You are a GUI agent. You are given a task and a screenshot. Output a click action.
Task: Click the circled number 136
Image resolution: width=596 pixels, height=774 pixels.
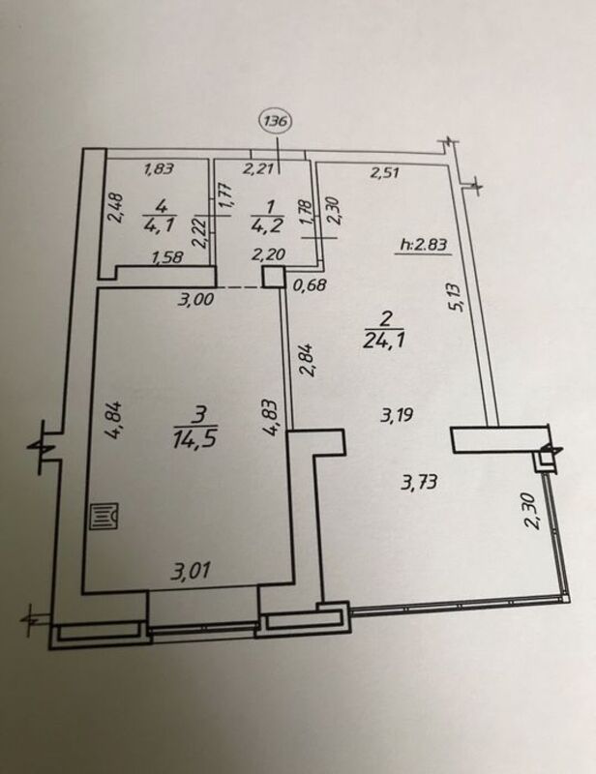(277, 120)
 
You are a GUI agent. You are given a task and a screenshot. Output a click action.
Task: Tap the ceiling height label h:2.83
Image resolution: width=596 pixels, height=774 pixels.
(424, 245)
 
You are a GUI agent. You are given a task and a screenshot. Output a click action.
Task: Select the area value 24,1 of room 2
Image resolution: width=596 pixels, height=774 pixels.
(385, 340)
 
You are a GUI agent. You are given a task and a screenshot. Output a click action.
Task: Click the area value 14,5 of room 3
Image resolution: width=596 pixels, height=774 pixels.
(194, 438)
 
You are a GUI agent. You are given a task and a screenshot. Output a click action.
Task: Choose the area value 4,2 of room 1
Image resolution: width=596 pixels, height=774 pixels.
(267, 225)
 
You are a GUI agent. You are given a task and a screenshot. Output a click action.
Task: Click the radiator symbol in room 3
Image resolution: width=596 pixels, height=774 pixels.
(104, 517)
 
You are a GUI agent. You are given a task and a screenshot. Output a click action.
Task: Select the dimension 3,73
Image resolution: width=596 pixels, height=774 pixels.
(419, 481)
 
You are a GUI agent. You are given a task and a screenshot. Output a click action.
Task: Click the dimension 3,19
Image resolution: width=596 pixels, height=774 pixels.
(397, 416)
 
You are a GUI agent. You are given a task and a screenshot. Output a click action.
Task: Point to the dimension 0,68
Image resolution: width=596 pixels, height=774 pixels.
(309, 284)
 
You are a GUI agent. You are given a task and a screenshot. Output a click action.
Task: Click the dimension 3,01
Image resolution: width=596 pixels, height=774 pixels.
(191, 571)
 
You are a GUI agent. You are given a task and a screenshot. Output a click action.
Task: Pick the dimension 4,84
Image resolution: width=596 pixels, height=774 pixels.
(113, 420)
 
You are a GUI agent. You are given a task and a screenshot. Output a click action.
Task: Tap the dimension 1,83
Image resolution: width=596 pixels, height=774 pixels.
(159, 169)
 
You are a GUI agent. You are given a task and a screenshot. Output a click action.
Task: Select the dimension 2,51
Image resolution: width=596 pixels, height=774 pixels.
(384, 173)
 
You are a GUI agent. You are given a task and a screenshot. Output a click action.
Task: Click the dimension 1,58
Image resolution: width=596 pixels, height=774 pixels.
(168, 256)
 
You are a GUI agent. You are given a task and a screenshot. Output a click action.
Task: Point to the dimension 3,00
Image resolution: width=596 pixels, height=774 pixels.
(196, 299)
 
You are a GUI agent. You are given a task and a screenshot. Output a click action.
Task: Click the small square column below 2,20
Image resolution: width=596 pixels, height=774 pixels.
(273, 277)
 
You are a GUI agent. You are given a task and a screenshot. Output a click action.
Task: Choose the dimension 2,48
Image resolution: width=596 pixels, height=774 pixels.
(116, 208)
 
